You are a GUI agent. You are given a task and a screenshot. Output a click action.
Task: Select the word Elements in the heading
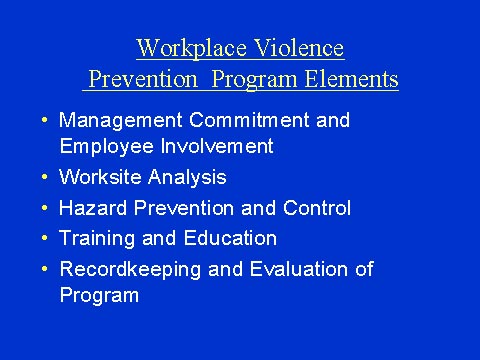pos(354,79)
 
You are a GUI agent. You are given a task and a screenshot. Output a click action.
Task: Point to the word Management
pos(115,121)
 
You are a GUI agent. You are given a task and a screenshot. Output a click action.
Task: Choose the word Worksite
pos(97,177)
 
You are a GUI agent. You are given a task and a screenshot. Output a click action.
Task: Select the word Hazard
pos(89,208)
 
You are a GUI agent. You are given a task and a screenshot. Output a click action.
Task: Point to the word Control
pos(319,208)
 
